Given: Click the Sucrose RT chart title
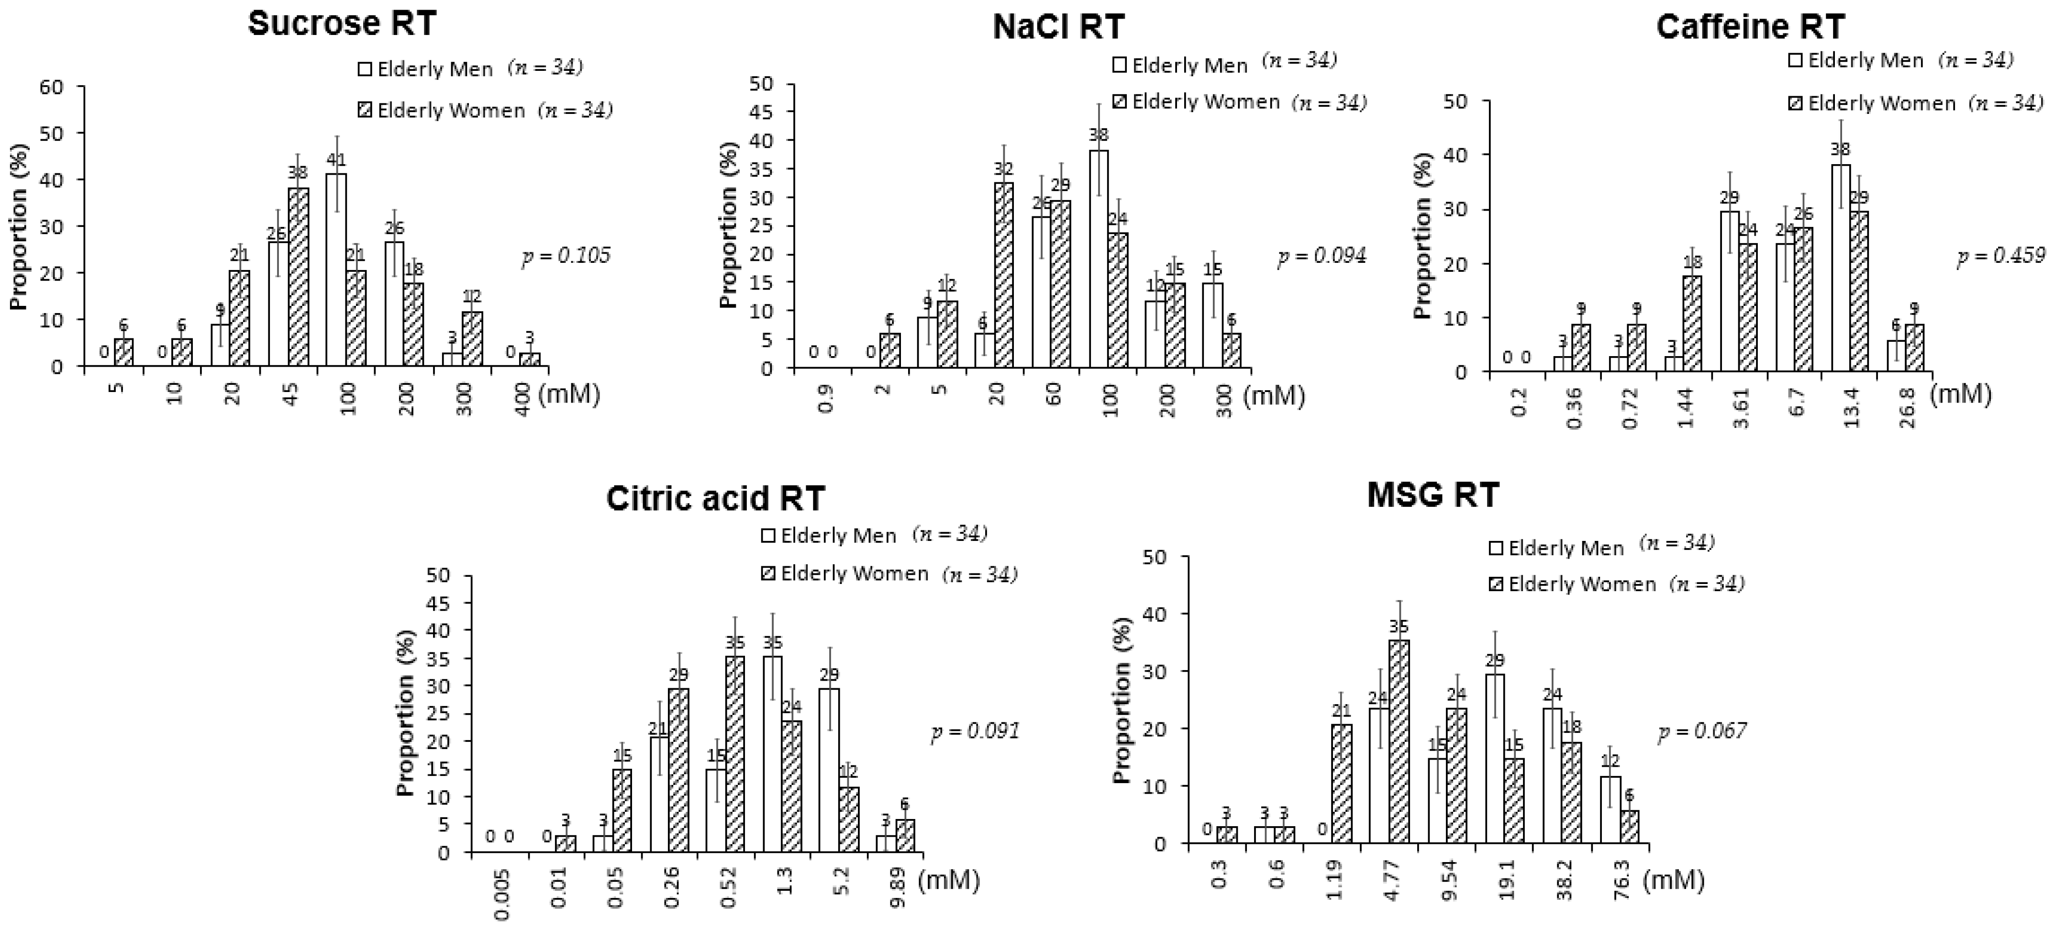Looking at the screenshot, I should tap(342, 24).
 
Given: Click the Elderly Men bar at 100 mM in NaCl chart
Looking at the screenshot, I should tap(1099, 259).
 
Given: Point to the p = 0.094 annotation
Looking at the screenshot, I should tap(1322, 256).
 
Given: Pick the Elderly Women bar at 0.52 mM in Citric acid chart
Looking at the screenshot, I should tap(735, 754).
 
